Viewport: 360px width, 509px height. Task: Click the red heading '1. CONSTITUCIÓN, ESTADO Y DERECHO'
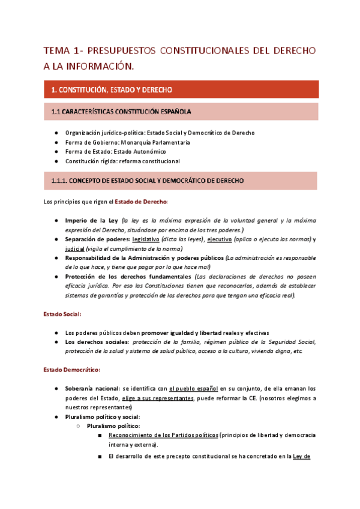112,89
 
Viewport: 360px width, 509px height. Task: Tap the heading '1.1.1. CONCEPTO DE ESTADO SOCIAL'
147,181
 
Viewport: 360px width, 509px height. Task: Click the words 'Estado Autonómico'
136,152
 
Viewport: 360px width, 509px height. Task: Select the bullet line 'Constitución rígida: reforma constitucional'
122,161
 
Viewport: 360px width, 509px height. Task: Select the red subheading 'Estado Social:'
62,314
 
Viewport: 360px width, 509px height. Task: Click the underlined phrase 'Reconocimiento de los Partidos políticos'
163,435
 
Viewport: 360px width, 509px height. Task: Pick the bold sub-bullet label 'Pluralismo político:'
113,426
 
